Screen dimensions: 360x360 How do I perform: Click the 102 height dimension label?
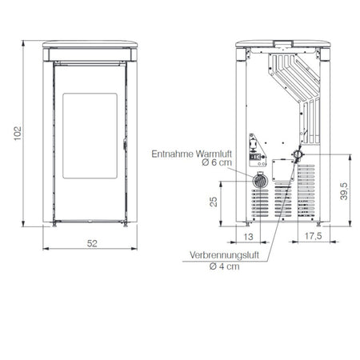(x=18, y=134)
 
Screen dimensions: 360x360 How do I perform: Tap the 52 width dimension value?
(x=92, y=243)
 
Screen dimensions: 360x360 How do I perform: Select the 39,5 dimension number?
(x=344, y=191)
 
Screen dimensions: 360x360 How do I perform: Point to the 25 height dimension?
(x=214, y=202)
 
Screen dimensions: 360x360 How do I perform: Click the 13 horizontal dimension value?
(x=248, y=237)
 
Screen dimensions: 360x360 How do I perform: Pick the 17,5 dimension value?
(x=313, y=236)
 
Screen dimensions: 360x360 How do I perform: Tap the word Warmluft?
(x=214, y=154)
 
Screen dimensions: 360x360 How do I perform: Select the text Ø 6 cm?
(x=217, y=162)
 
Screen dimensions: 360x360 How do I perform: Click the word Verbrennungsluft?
(x=224, y=255)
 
